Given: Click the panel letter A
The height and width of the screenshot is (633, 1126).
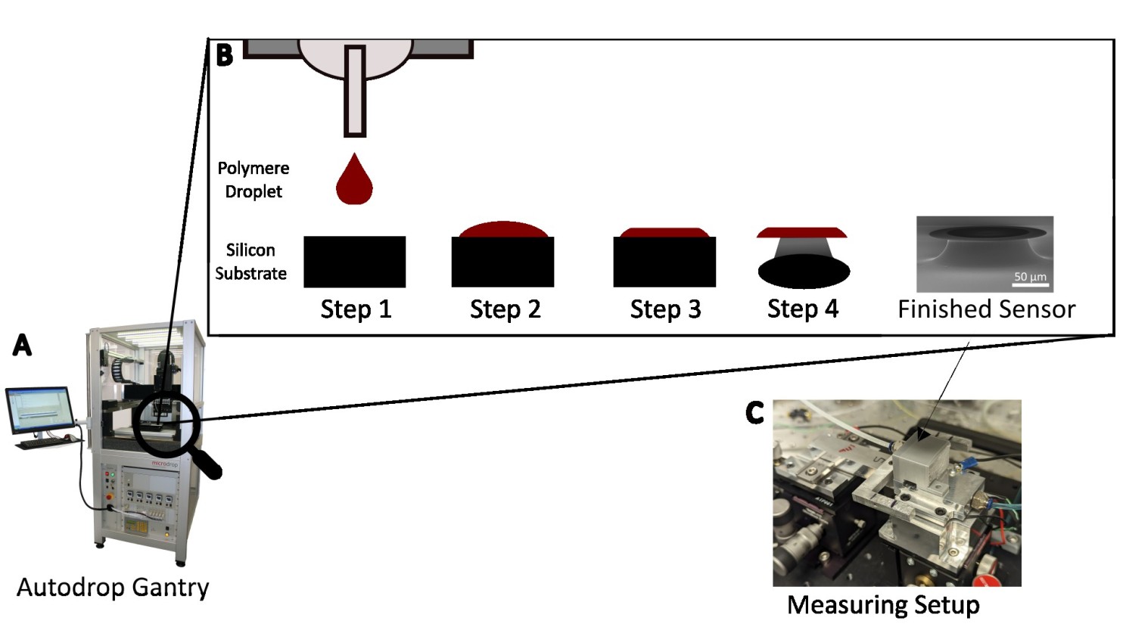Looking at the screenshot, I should [23, 345].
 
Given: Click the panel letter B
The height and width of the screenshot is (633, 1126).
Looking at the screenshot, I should [225, 54].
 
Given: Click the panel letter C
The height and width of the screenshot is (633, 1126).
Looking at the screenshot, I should [754, 413].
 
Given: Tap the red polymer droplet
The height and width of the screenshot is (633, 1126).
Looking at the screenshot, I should [354, 182].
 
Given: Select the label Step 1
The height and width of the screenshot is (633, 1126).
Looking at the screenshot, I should [356, 309].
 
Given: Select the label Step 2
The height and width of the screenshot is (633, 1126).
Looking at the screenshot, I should [505, 309].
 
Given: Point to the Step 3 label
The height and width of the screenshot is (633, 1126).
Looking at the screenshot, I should [665, 309].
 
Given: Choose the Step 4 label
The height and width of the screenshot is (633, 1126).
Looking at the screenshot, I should [802, 309].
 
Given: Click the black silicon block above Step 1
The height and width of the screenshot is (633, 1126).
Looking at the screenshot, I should [354, 262].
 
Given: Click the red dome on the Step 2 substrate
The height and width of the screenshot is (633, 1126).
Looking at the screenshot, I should [503, 230].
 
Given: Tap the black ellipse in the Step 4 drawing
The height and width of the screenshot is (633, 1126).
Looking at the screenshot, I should [804, 272].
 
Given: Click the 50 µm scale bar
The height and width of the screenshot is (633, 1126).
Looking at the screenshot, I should [1031, 284].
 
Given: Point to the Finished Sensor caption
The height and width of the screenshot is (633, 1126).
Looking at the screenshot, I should [986, 309].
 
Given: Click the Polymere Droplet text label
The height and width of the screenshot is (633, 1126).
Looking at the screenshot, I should [254, 179].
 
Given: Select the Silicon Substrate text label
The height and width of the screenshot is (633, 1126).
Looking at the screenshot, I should [250, 262].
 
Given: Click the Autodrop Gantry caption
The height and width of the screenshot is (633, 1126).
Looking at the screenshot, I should [113, 588].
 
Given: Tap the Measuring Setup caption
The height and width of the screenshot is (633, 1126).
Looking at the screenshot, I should [883, 605].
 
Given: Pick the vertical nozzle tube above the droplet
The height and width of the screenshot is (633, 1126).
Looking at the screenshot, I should [355, 91].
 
